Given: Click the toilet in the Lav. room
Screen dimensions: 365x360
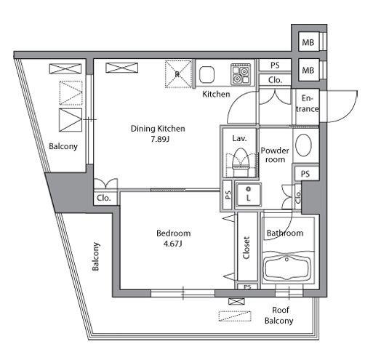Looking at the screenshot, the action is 241,162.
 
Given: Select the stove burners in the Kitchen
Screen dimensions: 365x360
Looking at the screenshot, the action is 241,73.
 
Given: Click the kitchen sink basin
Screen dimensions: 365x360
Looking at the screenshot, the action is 206,74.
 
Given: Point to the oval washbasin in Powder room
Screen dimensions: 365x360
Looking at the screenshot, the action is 304,145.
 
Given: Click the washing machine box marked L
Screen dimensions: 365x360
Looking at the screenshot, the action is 248,195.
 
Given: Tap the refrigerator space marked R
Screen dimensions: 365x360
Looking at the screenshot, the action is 178,74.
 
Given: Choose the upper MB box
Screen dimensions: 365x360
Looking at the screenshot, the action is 308,42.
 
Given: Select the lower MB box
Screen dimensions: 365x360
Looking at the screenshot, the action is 308,71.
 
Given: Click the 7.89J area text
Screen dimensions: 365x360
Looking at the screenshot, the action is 160,140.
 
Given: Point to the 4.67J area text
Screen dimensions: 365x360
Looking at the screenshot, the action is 172,244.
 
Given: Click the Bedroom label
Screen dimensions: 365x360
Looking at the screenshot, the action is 174,233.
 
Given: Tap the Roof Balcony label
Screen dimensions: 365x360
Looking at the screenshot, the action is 279,315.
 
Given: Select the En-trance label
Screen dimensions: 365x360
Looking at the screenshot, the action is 308,103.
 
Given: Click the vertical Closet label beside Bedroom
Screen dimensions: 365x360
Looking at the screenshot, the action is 246,248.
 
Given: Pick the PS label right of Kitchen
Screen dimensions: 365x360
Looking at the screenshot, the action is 275,65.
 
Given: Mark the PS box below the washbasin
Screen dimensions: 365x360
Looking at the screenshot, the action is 306,174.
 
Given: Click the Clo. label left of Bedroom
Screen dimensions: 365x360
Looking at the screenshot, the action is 104,198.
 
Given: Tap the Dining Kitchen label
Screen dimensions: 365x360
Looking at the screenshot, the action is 158,129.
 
